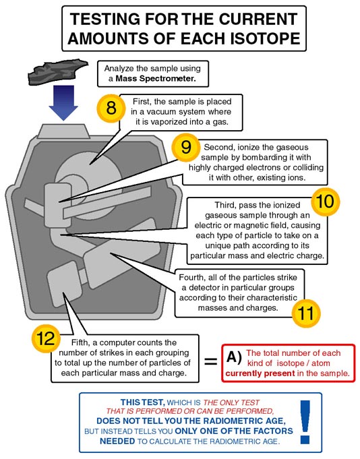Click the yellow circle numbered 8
111,108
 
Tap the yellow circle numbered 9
186,147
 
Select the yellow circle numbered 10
325,202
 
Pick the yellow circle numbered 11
306,313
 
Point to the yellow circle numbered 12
46,338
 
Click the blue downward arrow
63,103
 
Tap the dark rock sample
58,72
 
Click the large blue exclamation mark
305,422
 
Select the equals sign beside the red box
211,361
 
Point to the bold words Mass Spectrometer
156,78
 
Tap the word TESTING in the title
105,19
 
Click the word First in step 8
142,102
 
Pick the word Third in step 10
224,205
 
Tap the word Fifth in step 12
80,342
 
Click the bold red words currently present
260,374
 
